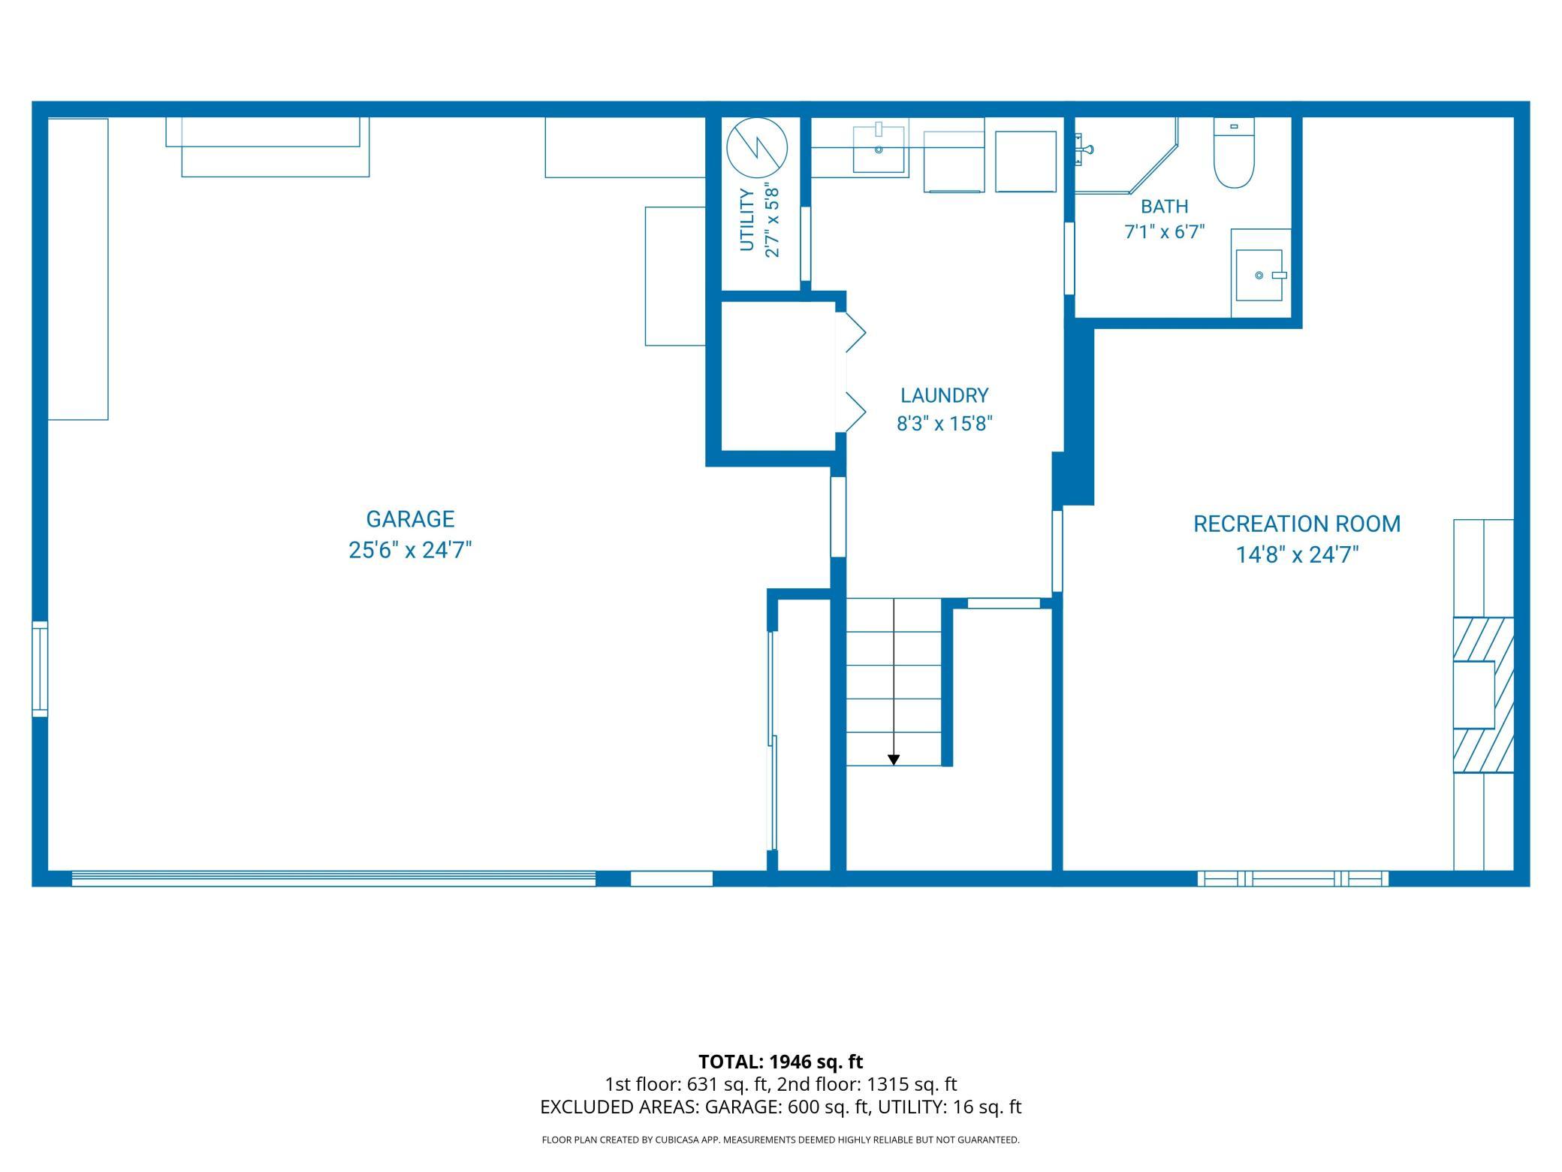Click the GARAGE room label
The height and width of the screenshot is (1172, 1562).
(410, 519)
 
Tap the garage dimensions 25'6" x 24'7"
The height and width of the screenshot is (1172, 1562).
(410, 551)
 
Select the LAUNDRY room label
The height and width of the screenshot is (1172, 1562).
(945, 395)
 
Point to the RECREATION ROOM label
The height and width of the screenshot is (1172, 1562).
(1297, 524)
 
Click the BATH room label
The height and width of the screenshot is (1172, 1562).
(1165, 206)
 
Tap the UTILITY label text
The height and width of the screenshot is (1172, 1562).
(746, 220)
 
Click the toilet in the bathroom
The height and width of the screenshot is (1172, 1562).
(1235, 154)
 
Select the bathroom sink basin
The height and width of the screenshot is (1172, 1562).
(1259, 275)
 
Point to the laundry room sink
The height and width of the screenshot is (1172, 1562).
(879, 149)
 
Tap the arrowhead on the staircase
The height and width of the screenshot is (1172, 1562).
(894, 760)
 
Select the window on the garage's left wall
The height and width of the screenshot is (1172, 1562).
(40, 669)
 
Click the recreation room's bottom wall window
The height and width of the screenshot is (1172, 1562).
(1292, 878)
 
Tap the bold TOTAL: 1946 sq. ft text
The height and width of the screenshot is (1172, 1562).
(780, 1062)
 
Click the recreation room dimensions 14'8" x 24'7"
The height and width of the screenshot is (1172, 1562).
(1298, 555)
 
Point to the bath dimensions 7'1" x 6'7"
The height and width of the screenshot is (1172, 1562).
(1164, 232)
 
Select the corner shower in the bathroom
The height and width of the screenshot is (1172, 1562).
(1126, 156)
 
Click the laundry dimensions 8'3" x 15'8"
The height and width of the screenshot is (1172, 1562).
(945, 424)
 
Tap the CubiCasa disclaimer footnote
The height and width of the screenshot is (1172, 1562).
(780, 1140)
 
